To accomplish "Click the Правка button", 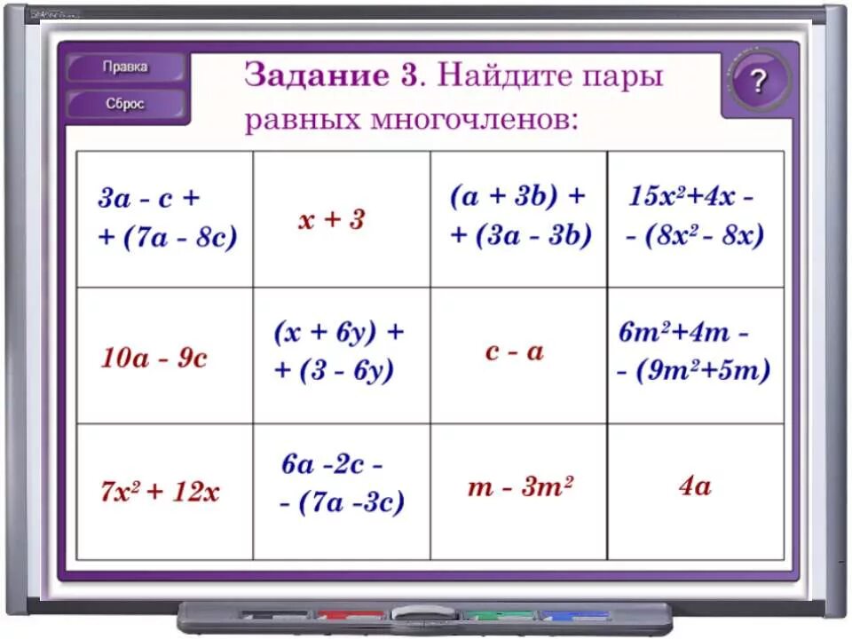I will coord(125,67).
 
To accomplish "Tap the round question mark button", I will coord(757,82).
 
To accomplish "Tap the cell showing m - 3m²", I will coord(520,487).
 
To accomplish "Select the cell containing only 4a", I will coord(695,486).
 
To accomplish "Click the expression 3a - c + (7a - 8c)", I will coord(166,218).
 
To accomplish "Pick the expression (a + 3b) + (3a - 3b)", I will coord(520,217).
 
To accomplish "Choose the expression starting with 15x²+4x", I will coord(694,217).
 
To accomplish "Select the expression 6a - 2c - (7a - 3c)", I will coord(341,484).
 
